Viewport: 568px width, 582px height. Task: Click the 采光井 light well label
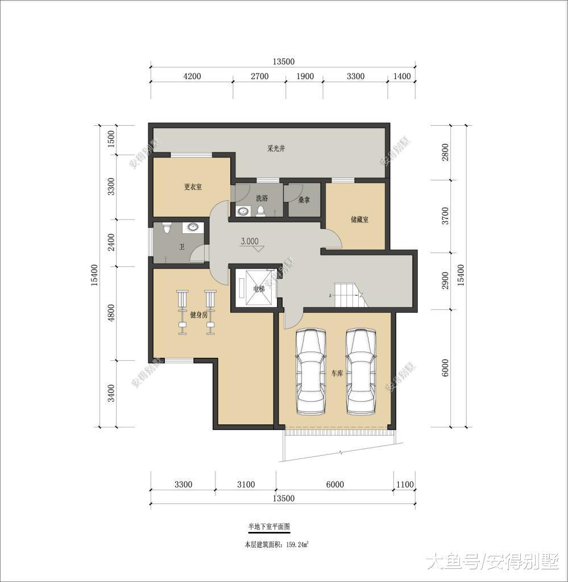pos(276,148)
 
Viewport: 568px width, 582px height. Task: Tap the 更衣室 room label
pos(193,187)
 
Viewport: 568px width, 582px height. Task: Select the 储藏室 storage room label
pos(359,219)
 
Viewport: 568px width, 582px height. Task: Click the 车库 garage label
pos(337,374)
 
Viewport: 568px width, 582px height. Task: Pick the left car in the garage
pos(311,372)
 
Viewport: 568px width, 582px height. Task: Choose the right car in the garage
pos(362,372)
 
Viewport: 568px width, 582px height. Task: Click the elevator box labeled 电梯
pos(258,288)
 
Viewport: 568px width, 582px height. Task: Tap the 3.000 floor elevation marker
pos(250,241)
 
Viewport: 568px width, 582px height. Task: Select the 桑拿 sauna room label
pos(304,200)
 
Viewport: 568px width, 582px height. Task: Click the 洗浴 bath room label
pos(262,198)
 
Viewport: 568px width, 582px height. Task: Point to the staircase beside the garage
pos(348,295)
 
